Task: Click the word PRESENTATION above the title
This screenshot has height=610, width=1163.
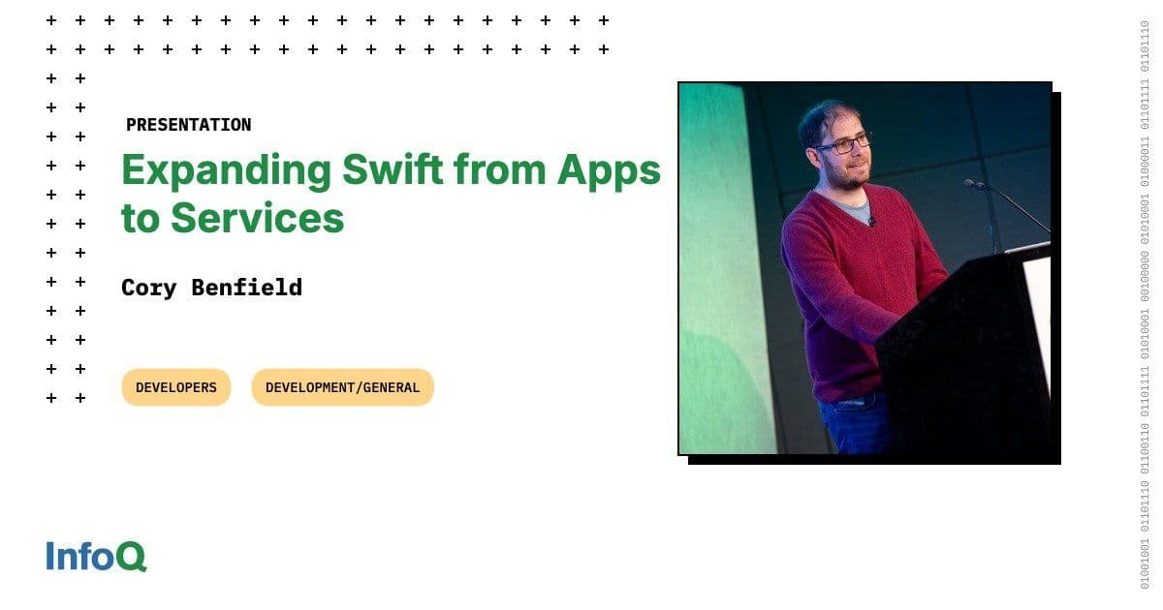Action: [188, 125]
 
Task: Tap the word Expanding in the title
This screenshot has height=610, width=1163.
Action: [226, 171]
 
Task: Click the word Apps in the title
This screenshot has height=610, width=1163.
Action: [609, 171]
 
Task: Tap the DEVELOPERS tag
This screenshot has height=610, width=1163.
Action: [176, 387]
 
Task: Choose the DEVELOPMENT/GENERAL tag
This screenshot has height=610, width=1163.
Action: [342, 387]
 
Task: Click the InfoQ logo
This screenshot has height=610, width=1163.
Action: [96, 557]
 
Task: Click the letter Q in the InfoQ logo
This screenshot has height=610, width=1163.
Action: [132, 558]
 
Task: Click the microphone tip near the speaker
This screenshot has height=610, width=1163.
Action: [969, 183]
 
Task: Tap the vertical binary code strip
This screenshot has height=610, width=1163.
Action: [1145, 305]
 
